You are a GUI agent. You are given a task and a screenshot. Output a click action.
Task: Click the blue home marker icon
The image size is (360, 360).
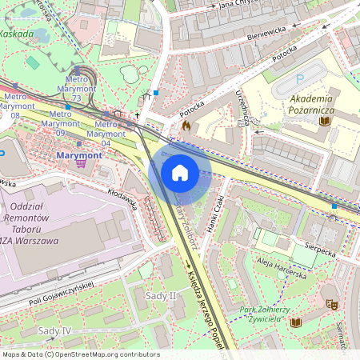180,173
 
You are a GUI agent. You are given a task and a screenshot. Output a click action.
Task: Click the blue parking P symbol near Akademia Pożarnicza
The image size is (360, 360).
300,79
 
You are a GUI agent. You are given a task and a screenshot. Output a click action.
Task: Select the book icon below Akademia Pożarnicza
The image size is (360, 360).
324,121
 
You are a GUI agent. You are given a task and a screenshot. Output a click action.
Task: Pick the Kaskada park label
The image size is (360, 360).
17,34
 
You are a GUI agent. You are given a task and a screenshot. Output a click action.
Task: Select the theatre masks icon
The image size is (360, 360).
330,304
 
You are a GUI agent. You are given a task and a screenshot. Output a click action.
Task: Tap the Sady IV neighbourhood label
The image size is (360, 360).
55,330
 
